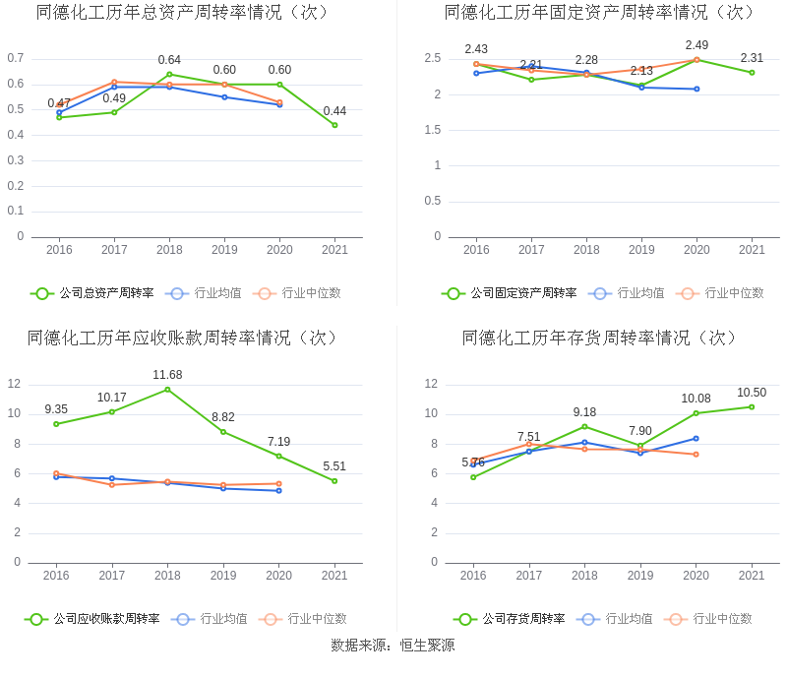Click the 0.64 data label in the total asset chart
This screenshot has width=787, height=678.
(x=169, y=60)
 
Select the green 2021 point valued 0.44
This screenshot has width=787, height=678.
(x=334, y=125)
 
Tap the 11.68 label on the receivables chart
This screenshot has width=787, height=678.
(x=167, y=375)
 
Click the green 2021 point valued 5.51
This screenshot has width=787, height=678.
(x=334, y=481)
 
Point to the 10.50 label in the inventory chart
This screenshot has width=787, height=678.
(x=752, y=393)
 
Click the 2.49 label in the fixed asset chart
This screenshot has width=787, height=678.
(x=696, y=45)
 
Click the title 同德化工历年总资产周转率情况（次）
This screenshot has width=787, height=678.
(x=183, y=13)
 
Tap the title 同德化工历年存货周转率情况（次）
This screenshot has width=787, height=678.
(x=600, y=339)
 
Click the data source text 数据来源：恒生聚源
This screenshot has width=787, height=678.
(x=393, y=646)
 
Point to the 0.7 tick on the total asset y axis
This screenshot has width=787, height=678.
(x=16, y=58)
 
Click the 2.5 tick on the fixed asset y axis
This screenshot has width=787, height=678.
(x=432, y=59)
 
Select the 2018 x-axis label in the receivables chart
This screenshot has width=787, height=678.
(x=167, y=576)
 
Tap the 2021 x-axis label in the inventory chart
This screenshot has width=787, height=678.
(x=752, y=576)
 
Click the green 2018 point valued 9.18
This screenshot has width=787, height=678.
(x=584, y=426)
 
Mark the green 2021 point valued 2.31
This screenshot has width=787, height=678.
(x=752, y=72)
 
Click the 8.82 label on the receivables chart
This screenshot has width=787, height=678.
(x=223, y=417)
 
